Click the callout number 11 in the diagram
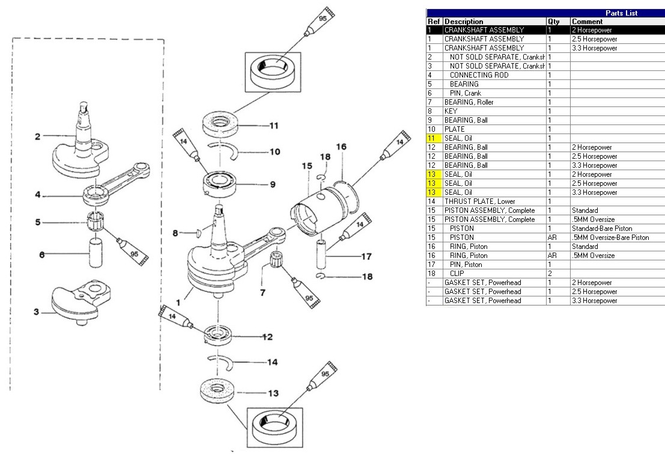click(x=273, y=126)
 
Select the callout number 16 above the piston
click(x=341, y=146)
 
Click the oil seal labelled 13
click(x=216, y=392)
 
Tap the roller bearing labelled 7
click(x=279, y=263)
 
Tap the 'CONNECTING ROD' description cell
click(x=478, y=75)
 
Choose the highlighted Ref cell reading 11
click(x=434, y=138)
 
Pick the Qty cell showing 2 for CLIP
click(x=550, y=274)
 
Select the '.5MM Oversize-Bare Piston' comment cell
click(x=610, y=238)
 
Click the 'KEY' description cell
click(x=451, y=111)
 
